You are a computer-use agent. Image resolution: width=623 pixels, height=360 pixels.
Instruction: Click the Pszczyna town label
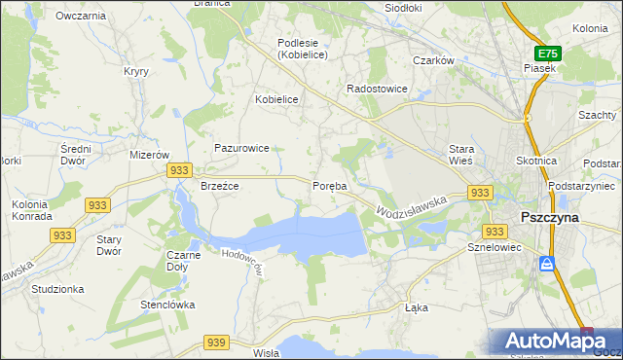[x=550, y=218]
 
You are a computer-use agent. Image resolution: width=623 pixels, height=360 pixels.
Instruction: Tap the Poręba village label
[x=329, y=186]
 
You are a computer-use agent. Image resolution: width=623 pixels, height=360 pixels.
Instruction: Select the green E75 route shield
[x=548, y=54]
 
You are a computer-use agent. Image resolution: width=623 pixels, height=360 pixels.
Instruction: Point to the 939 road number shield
[x=216, y=342]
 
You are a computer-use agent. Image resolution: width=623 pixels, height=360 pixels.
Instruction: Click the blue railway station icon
[x=548, y=264]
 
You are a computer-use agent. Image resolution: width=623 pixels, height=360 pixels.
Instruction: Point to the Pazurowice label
[x=241, y=148]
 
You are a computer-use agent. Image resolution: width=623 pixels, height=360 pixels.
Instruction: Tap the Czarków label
[x=434, y=60]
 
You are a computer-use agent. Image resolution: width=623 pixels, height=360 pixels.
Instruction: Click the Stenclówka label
[x=166, y=305]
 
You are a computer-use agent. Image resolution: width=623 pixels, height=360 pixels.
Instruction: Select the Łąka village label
[x=416, y=307]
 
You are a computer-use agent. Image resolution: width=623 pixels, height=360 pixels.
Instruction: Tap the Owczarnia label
[x=81, y=17]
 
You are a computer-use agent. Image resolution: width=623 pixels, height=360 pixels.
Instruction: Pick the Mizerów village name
[x=150, y=155]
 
